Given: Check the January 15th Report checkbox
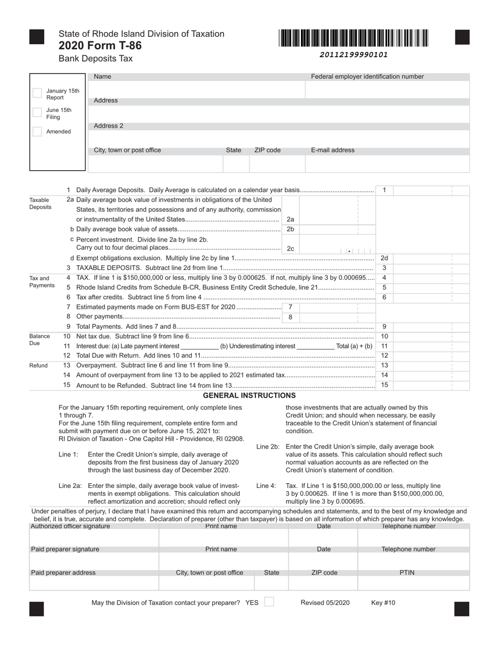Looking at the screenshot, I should point(37,93).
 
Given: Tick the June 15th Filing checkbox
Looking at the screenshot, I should point(37,112).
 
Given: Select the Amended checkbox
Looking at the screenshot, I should point(37,131).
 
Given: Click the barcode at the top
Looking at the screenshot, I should point(354,38).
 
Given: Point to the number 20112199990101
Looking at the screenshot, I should point(354,55).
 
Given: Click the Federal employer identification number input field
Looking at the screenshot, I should point(387,89).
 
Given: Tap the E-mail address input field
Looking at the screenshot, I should point(387,163).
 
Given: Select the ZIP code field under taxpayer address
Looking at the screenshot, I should point(277,163).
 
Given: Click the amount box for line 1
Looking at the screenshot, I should point(431,190).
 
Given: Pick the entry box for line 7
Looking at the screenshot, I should point(337,307).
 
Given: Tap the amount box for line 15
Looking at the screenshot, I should point(431,385).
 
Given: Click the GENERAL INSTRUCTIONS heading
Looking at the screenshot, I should point(249,395).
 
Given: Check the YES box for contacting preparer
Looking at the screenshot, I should point(268,602).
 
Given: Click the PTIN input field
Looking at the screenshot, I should point(413,583).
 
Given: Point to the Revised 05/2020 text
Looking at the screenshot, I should point(325,603).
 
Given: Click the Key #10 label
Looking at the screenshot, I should point(383,603).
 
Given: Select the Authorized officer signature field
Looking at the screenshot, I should point(94,537).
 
